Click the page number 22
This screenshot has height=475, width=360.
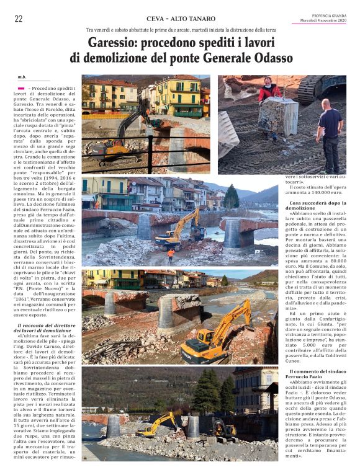(18, 19)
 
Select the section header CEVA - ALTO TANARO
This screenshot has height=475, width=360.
(181, 19)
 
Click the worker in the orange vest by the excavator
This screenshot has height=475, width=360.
(171, 254)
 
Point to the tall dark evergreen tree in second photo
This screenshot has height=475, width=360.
(232, 197)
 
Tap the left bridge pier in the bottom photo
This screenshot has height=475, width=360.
(113, 426)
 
